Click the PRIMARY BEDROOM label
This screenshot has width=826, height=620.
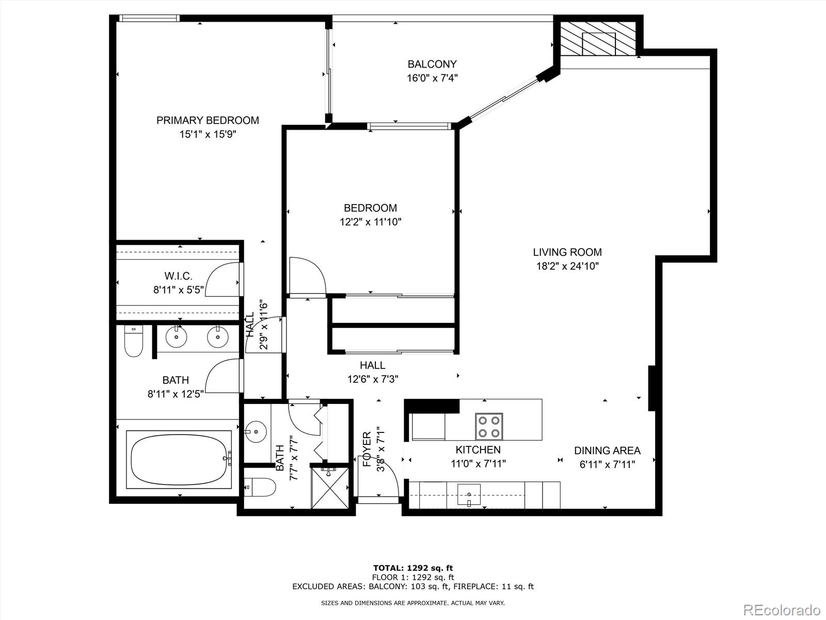pyautogui.click(x=208, y=120)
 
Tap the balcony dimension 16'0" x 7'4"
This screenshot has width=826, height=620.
pyautogui.click(x=432, y=78)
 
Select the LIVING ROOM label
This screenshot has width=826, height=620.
pyautogui.click(x=567, y=252)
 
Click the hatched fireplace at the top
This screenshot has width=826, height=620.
pyautogui.click(x=598, y=39)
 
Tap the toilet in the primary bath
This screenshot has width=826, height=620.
pyautogui.click(x=133, y=342)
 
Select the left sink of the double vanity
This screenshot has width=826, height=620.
pyautogui.click(x=177, y=337)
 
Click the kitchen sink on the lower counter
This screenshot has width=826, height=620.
pyautogui.click(x=469, y=494)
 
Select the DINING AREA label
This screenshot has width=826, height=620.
pyautogui.click(x=607, y=451)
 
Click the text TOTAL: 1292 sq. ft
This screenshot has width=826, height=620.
pyautogui.click(x=413, y=568)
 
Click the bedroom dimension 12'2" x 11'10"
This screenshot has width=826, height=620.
pyautogui.click(x=370, y=222)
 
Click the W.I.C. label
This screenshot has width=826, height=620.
pyautogui.click(x=178, y=276)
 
